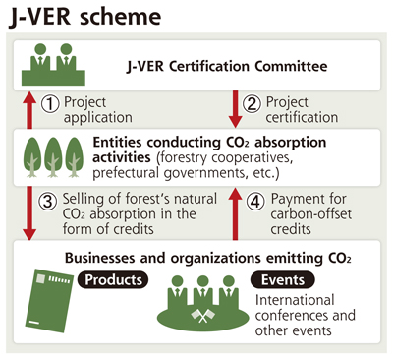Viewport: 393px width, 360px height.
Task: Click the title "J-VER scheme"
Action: pyautogui.click(x=85, y=17)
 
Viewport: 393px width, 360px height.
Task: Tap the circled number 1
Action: pyautogui.click(x=50, y=104)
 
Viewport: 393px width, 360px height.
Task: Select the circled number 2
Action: pyautogui.click(x=252, y=104)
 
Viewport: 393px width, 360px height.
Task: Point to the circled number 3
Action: pyautogui.click(x=48, y=201)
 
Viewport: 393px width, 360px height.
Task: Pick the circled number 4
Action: pyautogui.click(x=255, y=201)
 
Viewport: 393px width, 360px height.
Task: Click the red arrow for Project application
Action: pyautogui.click(x=29, y=110)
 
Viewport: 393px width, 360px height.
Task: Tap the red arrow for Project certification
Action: pyautogui.click(x=235, y=109)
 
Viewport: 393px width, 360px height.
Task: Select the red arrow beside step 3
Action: pyautogui.click(x=29, y=213)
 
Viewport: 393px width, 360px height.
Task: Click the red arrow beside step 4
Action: pyautogui.click(x=235, y=214)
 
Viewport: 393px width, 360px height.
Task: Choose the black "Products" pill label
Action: pyautogui.click(x=113, y=279)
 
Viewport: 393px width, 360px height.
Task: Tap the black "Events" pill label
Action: pyautogui.click(x=283, y=279)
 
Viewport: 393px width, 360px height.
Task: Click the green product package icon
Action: pyautogui.click(x=49, y=301)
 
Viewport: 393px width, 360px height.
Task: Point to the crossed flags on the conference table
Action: pyautogui.click(x=203, y=316)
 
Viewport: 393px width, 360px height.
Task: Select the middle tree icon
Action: pyautogui.click(x=53, y=157)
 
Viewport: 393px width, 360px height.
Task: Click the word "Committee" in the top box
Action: pyautogui.click(x=291, y=66)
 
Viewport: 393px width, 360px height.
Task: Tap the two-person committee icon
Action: pyautogui.click(x=53, y=65)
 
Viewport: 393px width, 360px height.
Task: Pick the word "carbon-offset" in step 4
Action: pyautogui.click(x=311, y=214)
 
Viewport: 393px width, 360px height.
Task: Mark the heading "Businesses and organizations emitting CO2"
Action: pyautogui.click(x=208, y=258)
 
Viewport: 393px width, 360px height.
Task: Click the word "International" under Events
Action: pyautogui.click(x=295, y=300)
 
